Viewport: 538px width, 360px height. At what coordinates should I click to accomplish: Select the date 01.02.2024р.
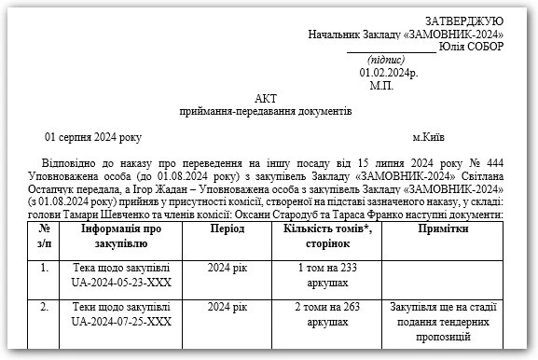[389, 72]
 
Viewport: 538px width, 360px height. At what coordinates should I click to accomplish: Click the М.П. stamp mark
[381, 85]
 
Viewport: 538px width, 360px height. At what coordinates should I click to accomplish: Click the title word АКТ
[266, 99]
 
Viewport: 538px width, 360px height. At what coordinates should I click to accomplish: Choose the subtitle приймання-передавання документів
[266, 112]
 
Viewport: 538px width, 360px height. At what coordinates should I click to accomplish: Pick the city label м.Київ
[435, 137]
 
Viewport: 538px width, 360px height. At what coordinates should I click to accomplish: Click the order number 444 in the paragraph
[494, 162]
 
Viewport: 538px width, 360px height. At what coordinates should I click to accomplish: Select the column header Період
[228, 228]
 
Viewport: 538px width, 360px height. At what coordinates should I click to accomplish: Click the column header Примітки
[443, 228]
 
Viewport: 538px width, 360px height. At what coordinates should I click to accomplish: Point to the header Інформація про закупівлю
[121, 236]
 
